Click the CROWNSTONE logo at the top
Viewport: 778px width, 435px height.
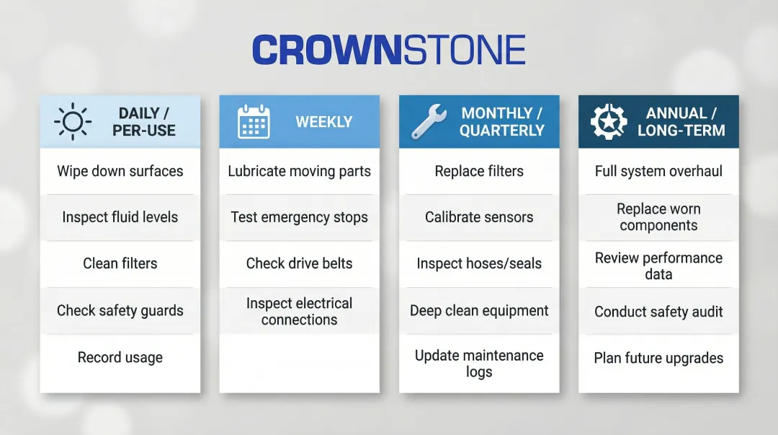pyautogui.click(x=388, y=50)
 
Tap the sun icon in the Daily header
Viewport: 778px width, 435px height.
pyautogui.click(x=72, y=122)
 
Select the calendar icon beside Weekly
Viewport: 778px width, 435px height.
pyautogui.click(x=254, y=122)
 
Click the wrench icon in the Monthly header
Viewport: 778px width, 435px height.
pyautogui.click(x=429, y=122)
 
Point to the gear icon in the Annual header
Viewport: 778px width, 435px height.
pyautogui.click(x=609, y=122)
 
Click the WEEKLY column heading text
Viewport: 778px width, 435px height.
pyautogui.click(x=323, y=122)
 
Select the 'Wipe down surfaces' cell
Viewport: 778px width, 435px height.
pyautogui.click(x=120, y=171)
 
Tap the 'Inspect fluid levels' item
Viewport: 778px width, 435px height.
pyautogui.click(x=120, y=217)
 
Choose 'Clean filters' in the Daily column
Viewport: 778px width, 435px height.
pyautogui.click(x=120, y=263)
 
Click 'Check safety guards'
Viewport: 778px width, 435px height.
pyautogui.click(x=120, y=311)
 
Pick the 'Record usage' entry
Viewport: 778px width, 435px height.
pyautogui.click(x=120, y=358)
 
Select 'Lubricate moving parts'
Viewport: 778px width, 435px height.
pyautogui.click(x=299, y=171)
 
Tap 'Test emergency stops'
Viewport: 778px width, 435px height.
pyautogui.click(x=299, y=217)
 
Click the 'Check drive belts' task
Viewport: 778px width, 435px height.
pyautogui.click(x=299, y=263)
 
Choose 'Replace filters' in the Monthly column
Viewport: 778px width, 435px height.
pyautogui.click(x=479, y=171)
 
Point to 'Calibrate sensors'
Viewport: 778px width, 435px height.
pyautogui.click(x=479, y=217)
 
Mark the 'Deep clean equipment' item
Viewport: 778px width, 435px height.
pyautogui.click(x=479, y=311)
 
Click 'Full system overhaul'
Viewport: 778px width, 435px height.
pyautogui.click(x=658, y=171)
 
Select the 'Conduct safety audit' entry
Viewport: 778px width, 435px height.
pyautogui.click(x=658, y=312)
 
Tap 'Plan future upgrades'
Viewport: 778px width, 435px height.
pyautogui.click(x=658, y=358)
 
